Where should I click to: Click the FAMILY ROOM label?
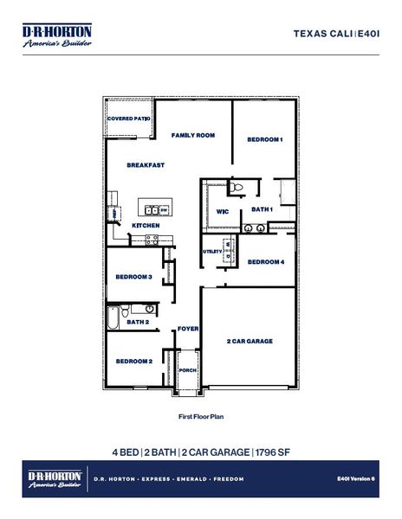click(192, 136)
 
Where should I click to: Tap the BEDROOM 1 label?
click(265, 139)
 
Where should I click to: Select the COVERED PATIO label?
click(129, 119)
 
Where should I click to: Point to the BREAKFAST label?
click(146, 165)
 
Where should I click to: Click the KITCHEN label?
click(145, 226)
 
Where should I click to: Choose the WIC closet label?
click(222, 211)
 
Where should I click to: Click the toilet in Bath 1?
click(242, 188)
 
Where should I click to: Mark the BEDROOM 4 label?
click(266, 262)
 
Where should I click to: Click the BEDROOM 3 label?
click(134, 277)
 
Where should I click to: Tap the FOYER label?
click(188, 329)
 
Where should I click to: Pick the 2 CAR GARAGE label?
click(250, 342)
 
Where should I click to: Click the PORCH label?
click(188, 369)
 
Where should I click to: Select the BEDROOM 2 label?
click(134, 361)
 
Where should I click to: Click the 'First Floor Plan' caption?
click(200, 416)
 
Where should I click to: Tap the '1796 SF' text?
click(276, 452)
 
